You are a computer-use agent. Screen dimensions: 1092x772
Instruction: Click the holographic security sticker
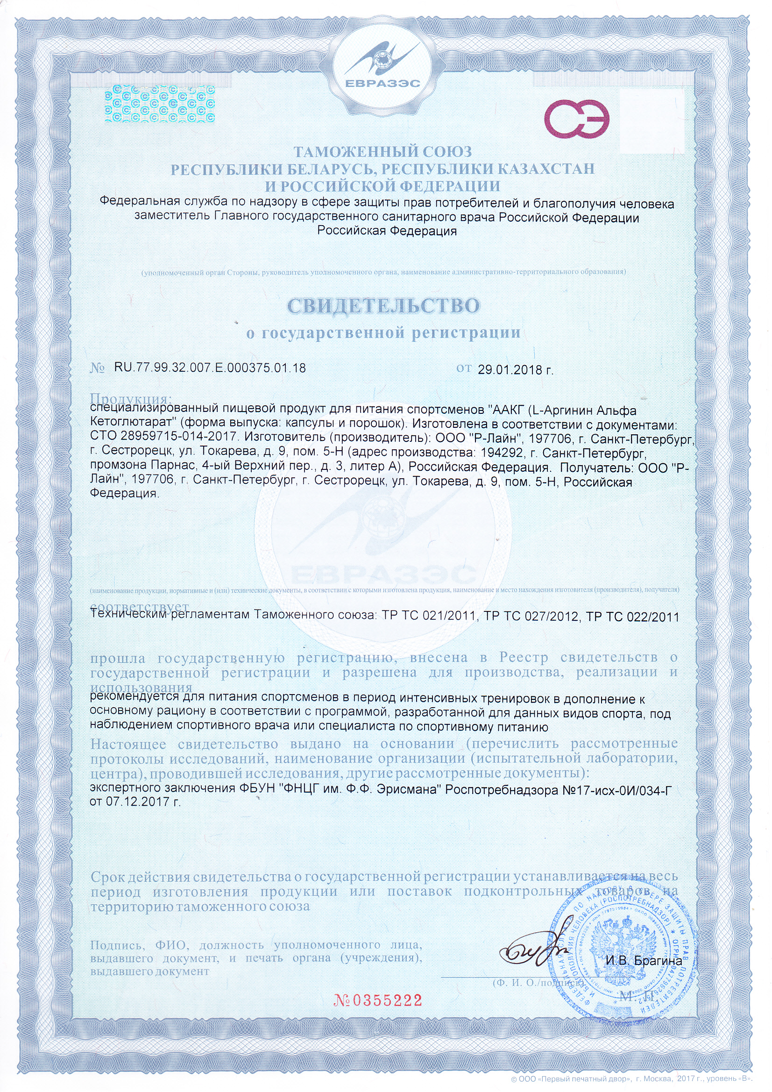tap(159, 104)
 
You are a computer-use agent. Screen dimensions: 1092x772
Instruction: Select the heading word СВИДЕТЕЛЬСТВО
tap(383, 306)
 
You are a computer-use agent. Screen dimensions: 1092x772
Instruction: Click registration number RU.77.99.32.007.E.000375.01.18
tap(210, 368)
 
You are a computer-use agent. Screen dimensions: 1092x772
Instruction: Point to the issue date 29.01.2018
tap(515, 369)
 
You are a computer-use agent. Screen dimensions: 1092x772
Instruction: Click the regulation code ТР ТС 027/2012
tap(532, 617)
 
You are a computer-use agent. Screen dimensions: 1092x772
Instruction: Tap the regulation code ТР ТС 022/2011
tap(633, 617)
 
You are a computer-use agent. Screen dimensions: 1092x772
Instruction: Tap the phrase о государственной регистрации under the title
tap(383, 333)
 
